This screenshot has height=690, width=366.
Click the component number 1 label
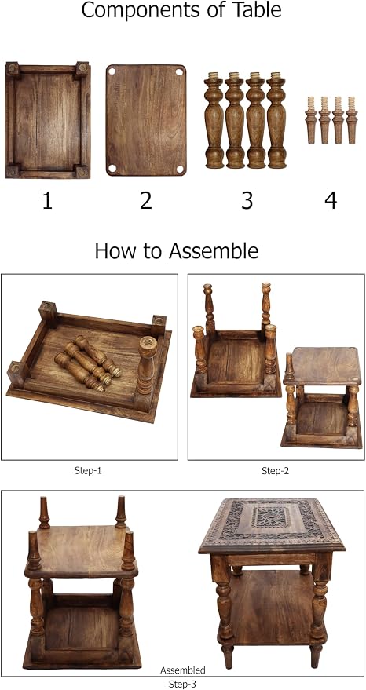47,200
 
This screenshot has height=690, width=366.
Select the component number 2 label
146,200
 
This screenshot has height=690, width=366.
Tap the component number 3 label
247,200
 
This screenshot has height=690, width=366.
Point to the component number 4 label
331,200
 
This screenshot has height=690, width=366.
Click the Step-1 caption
89,470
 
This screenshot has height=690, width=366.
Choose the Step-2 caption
275,470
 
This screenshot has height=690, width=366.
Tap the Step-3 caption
183,684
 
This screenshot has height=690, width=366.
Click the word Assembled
183,670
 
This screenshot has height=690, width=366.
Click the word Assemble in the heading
214,251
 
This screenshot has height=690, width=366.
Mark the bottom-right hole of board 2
179,169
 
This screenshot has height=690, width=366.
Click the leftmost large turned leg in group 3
214,119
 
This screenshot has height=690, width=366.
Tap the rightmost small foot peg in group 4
351,119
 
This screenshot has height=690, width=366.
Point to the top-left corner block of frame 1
13,68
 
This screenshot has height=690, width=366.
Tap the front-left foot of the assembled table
227,655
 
